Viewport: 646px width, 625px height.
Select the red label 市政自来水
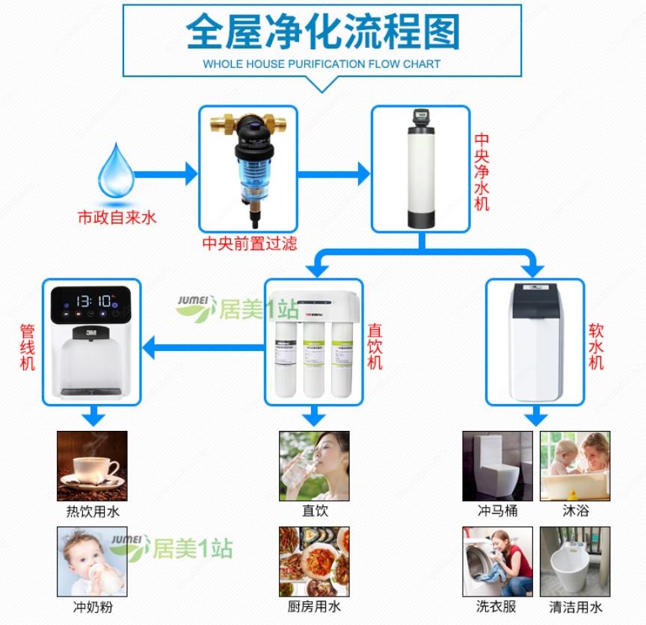point(117,218)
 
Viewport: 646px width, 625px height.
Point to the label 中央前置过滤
point(249,243)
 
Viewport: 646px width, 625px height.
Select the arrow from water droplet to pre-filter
point(168,175)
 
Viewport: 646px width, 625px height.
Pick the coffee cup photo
point(93,466)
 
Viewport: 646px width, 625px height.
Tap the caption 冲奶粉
point(93,607)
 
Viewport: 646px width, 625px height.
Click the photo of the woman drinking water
point(314,466)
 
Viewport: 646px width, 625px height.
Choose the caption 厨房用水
point(314,607)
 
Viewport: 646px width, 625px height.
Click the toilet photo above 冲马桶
point(497,466)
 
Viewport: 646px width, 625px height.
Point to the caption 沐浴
point(575,511)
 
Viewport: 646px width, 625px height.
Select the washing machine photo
point(497,562)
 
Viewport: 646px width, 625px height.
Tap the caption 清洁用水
point(575,607)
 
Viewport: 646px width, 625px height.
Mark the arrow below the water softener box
point(534,416)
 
